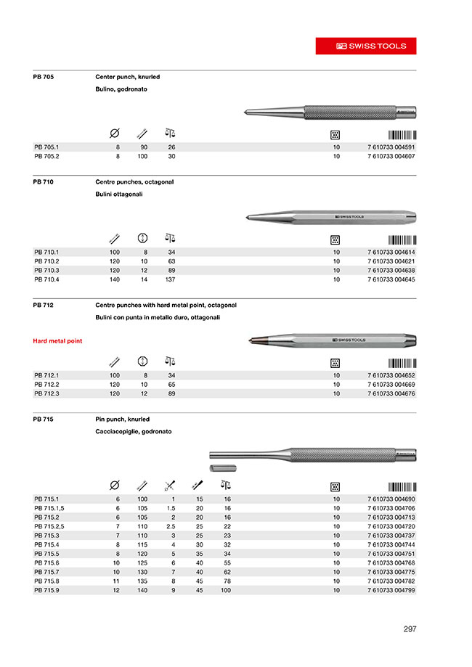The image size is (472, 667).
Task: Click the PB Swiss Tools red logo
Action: (x=365, y=46)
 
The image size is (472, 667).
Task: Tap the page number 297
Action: (x=410, y=629)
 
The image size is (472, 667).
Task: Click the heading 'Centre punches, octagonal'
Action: (x=134, y=181)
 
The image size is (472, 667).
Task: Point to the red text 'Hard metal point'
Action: (x=57, y=340)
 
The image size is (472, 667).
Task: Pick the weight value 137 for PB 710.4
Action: (x=171, y=280)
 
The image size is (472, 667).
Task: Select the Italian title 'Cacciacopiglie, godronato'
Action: (x=133, y=431)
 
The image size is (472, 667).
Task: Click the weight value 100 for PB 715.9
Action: (x=225, y=591)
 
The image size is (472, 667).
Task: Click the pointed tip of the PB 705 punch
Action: (x=248, y=112)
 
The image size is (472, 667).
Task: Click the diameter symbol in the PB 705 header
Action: (x=114, y=134)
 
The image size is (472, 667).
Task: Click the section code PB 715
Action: (x=44, y=420)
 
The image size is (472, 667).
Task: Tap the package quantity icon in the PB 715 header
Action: (x=335, y=486)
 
